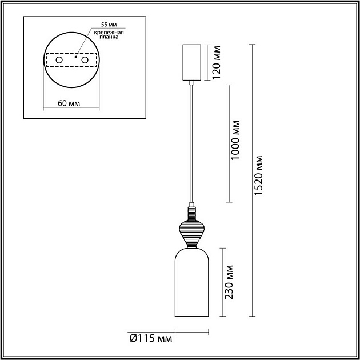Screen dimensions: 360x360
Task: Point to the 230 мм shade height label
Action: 229,282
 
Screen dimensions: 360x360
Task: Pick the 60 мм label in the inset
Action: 69,103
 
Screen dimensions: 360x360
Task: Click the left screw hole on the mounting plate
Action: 59,59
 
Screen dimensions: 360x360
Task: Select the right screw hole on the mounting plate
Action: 85,59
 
